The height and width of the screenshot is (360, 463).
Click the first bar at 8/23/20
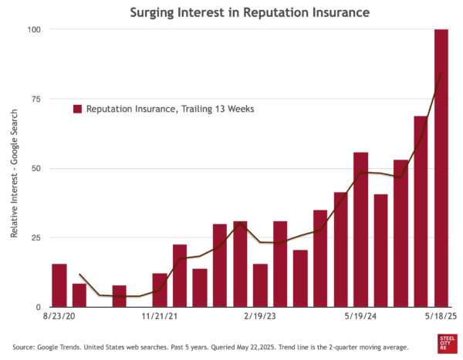(59, 285)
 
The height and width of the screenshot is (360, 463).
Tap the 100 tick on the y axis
(35, 29)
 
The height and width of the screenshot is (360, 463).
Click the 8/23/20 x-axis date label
(59, 316)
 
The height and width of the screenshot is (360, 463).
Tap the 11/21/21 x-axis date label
(160, 316)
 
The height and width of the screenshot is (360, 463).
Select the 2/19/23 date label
(260, 316)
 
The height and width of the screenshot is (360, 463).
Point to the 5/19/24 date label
(360, 316)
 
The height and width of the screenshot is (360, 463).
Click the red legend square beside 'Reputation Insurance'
(78, 109)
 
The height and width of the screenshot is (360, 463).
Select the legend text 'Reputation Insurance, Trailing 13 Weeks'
(170, 109)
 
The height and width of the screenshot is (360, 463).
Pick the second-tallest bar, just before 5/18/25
(421, 211)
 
